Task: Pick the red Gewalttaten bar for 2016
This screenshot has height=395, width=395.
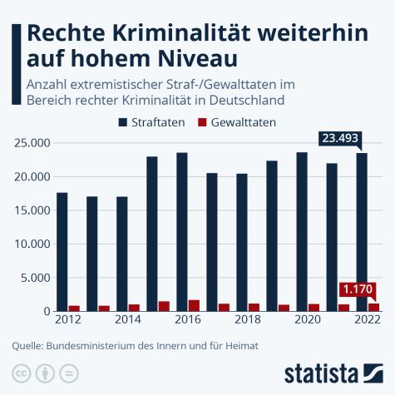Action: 194,305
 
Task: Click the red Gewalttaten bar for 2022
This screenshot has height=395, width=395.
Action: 373,307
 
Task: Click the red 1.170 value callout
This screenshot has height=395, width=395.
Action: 358,290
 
